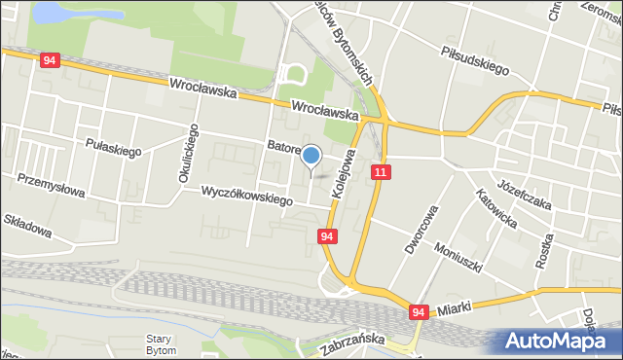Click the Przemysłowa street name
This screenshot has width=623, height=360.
click(52, 185)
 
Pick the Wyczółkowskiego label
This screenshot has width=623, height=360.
click(247, 196)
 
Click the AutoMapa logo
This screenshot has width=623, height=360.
click(560, 342)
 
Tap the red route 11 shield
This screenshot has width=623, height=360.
click(381, 171)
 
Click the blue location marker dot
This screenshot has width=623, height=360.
click(311, 155)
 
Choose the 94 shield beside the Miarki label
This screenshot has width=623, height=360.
click(418, 312)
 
